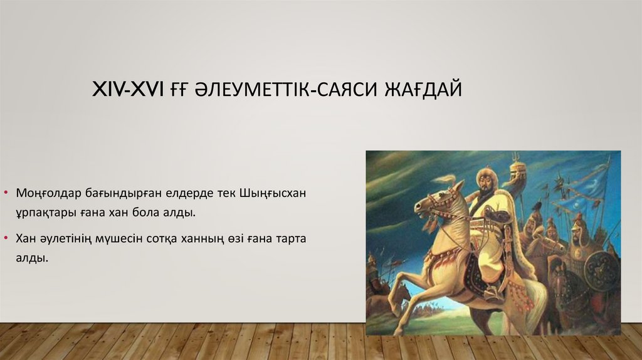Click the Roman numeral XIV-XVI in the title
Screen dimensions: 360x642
(x=128, y=90)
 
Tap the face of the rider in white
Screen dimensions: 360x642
(x=484, y=184)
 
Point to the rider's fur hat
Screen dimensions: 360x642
(x=485, y=173)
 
